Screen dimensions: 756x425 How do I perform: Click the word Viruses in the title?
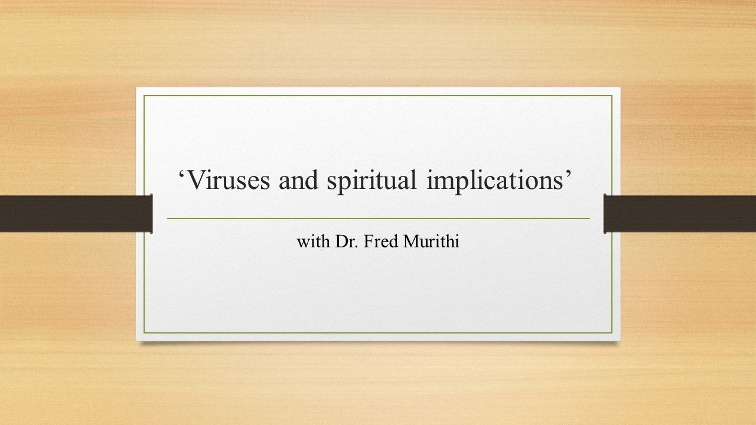(x=228, y=180)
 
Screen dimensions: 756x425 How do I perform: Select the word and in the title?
(x=298, y=180)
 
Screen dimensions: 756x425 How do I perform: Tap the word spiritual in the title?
(x=372, y=182)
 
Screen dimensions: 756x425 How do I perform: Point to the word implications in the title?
(x=494, y=182)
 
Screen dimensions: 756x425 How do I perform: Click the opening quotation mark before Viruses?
(x=181, y=174)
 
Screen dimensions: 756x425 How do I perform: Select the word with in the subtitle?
(x=314, y=241)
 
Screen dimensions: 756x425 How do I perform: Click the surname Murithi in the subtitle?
(x=431, y=241)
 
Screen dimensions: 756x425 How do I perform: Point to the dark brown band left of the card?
(x=76, y=214)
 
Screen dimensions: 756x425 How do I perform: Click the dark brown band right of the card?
(x=680, y=214)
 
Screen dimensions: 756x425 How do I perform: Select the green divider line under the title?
(x=379, y=218)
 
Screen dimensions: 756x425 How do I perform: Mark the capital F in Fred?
(x=368, y=241)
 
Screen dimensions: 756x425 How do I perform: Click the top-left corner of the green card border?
(x=144, y=96)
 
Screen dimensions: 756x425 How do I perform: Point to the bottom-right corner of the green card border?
(x=612, y=333)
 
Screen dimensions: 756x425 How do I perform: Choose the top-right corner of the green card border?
(x=612, y=96)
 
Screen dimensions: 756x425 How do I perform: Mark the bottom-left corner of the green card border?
(x=144, y=333)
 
